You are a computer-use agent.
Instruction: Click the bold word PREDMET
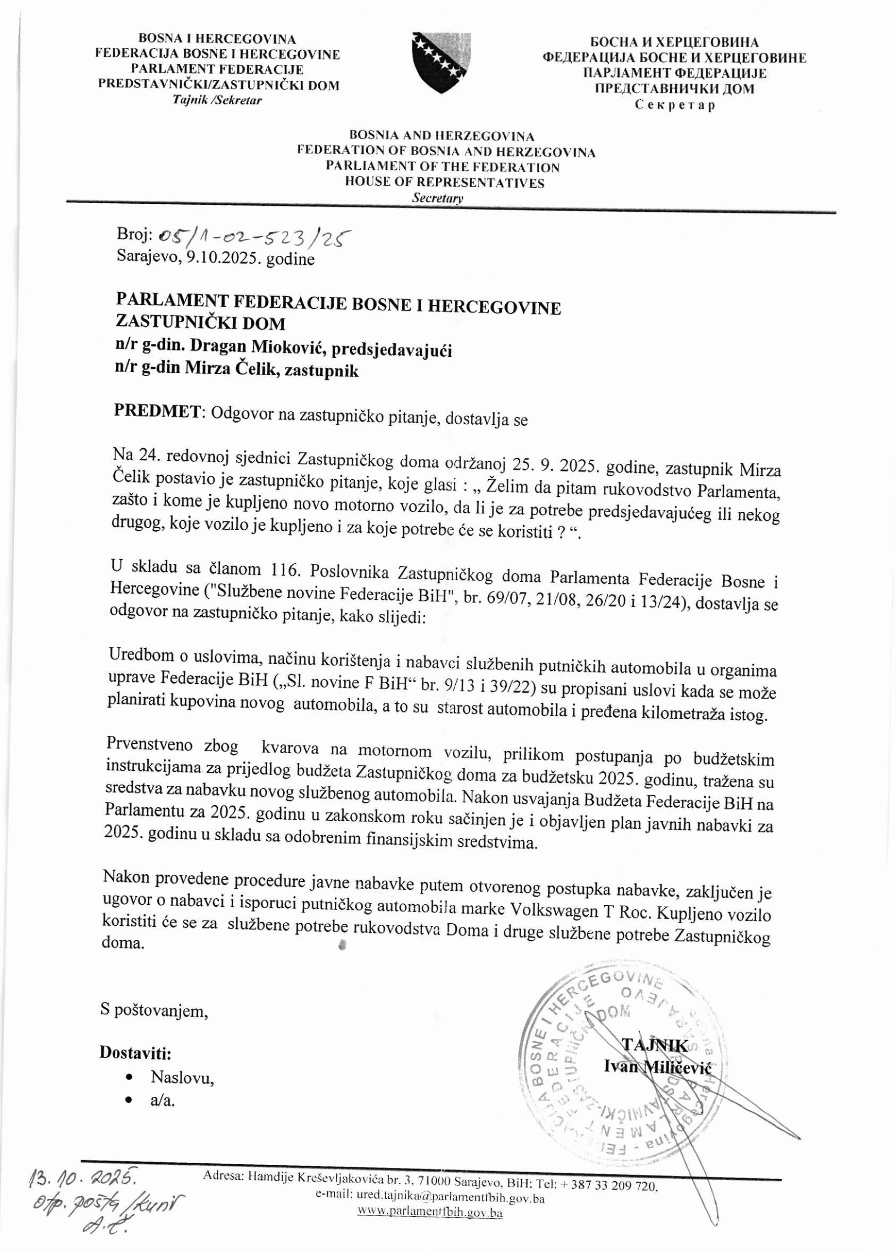coord(157,411)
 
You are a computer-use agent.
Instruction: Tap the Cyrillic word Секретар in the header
coord(674,105)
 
